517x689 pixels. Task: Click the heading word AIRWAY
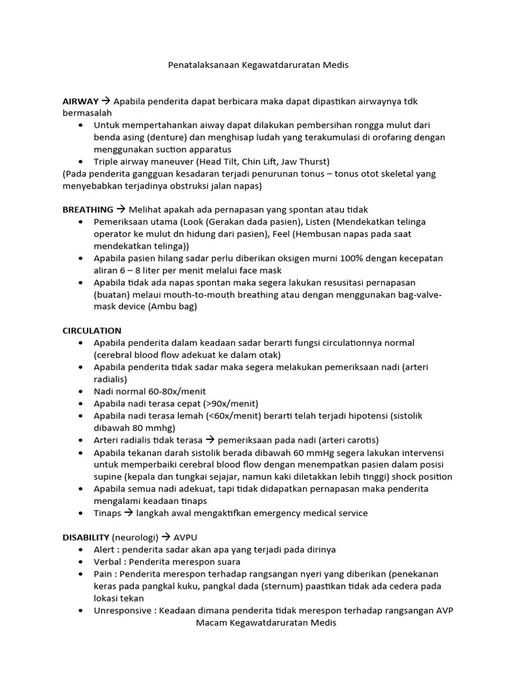pos(81,101)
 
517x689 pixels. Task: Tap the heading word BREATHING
pos(88,209)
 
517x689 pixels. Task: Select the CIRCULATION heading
pos(92,330)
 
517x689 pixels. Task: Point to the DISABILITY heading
pos(85,537)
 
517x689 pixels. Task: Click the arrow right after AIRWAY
pos(106,101)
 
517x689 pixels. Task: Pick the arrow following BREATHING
pos(120,209)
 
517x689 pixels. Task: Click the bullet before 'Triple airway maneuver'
pos(81,161)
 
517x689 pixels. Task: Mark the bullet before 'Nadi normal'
pos(81,391)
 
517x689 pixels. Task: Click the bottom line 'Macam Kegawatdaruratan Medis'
pos(266,622)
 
